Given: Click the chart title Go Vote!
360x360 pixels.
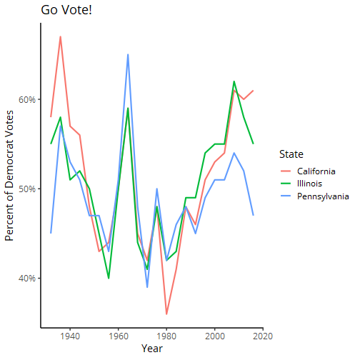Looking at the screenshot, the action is point(66,10).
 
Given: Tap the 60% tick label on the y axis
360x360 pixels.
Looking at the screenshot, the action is point(27,99).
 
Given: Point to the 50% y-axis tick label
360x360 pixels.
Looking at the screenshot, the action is point(27,189).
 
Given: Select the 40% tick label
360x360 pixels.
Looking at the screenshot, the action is point(27,279).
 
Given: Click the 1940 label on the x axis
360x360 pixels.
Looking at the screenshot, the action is point(70,336).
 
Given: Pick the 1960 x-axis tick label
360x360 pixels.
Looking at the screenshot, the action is point(118,336).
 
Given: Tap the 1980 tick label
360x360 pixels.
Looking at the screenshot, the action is point(166,336).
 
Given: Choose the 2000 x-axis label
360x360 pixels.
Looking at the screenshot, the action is point(215,336).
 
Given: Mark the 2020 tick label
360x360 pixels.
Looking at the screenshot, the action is point(263,336).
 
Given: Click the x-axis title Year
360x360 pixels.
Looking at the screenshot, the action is point(152,349).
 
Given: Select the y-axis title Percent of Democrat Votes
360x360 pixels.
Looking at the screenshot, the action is point(9,176).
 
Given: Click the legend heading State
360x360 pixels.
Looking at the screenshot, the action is point(291,154).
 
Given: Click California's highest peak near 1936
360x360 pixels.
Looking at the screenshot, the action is point(61,36).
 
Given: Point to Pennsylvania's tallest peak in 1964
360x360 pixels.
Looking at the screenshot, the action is point(128,54).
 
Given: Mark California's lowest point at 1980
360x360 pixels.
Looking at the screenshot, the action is point(166,314).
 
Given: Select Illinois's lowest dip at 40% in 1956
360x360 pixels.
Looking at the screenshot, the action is point(109,278).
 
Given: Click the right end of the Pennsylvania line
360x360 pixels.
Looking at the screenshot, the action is point(254,215).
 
